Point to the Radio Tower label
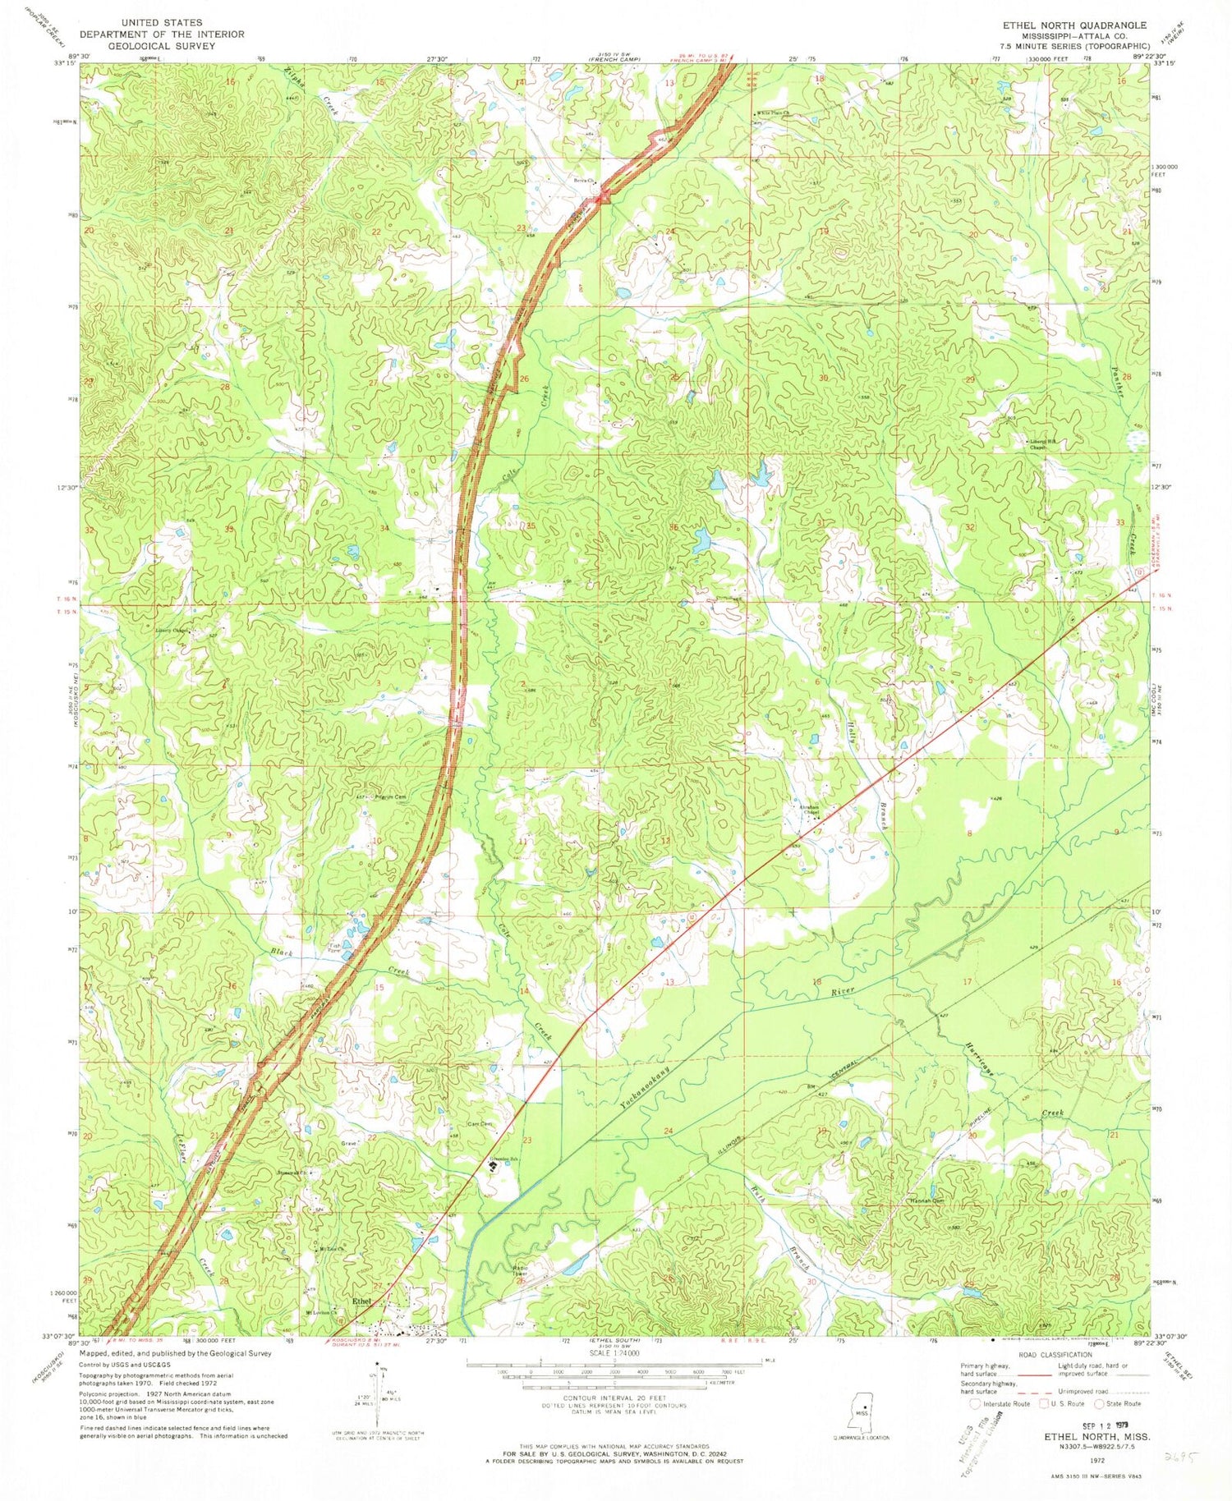click(519, 1271)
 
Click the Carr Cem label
click(480, 1124)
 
